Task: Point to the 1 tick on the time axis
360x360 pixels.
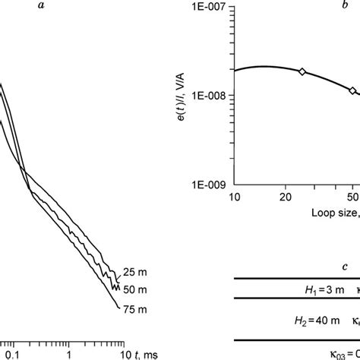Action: coord(69,354)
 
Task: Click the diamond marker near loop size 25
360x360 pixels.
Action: coord(302,71)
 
